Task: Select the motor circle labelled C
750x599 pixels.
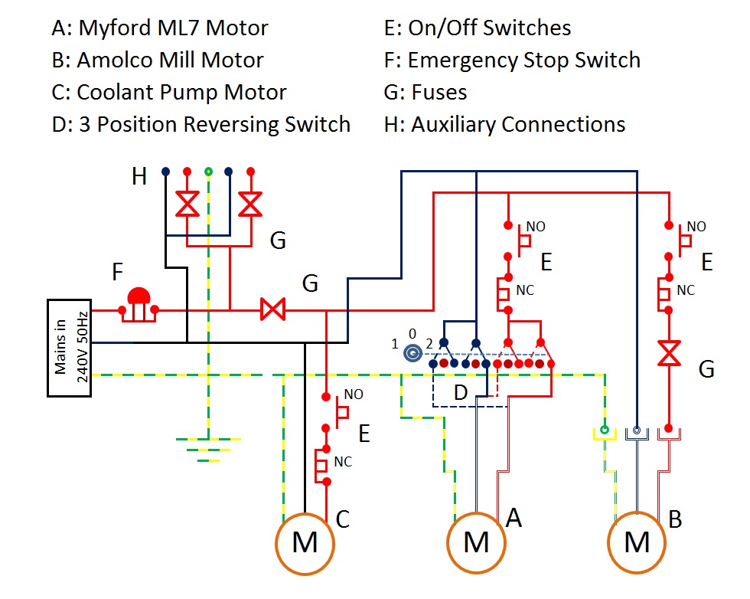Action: tap(305, 543)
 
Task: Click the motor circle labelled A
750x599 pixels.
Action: tap(476, 543)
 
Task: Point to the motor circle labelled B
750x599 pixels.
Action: tap(637, 543)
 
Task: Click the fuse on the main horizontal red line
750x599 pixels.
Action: tap(272, 310)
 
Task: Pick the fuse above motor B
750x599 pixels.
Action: tap(670, 355)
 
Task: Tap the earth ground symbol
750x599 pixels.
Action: tap(209, 449)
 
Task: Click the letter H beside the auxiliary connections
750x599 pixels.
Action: tap(139, 177)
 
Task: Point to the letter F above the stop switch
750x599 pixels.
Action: tap(117, 273)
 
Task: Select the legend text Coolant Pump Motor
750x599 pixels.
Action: tap(181, 93)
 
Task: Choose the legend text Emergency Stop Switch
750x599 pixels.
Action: tap(523, 61)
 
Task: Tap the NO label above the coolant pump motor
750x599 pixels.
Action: tap(354, 394)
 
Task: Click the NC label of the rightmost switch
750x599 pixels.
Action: tap(686, 290)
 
